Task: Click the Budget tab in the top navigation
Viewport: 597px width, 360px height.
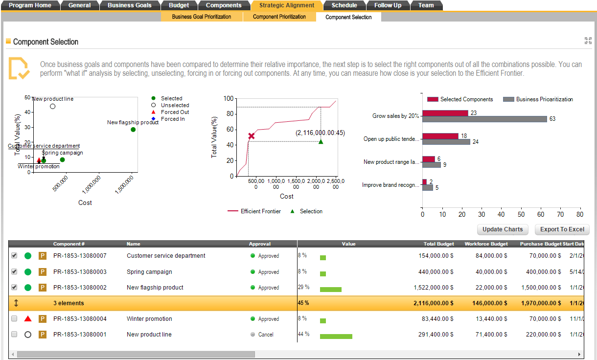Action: pos(179,5)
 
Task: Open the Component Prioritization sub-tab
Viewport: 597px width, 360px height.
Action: pos(279,17)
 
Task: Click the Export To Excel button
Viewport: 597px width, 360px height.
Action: pos(562,229)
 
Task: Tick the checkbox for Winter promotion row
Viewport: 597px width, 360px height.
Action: pos(14,319)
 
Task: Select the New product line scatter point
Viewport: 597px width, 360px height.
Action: pos(53,106)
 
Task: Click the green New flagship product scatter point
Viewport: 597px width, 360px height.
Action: pos(133,130)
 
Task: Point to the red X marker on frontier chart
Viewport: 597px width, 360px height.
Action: pos(251,136)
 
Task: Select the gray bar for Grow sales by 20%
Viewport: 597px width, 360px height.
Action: pos(484,119)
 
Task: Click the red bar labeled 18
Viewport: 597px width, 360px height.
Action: pos(440,136)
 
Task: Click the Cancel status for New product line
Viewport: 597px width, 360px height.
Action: pos(266,335)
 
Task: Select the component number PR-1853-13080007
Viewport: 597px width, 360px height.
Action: pos(80,256)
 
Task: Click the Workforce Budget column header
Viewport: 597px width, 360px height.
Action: pos(485,244)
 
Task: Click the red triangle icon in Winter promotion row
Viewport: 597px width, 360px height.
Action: pos(28,319)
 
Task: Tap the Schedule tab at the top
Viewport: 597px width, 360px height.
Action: pos(344,5)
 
